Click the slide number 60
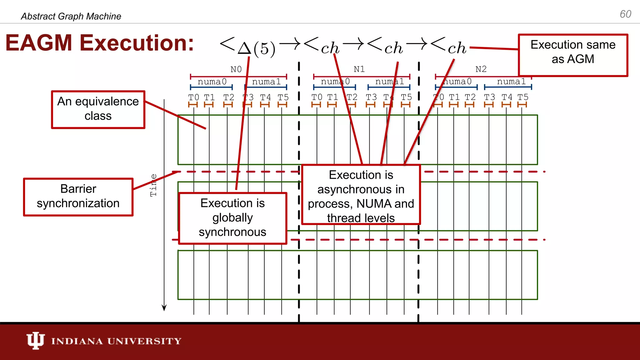click(x=625, y=14)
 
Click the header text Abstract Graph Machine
click(x=71, y=16)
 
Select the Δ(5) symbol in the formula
click(x=256, y=48)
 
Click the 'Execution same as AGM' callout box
click(x=573, y=55)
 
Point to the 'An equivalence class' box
click(x=98, y=109)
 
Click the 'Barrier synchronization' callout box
click(x=78, y=197)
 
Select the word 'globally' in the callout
click(x=232, y=218)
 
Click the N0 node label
click(x=236, y=69)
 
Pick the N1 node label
click(x=359, y=69)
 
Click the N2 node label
click(x=481, y=69)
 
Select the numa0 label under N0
click(x=212, y=82)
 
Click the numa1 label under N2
click(x=511, y=82)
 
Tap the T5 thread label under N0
click(x=283, y=97)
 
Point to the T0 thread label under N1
click(x=317, y=97)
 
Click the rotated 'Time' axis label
click(x=153, y=185)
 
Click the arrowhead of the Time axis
click(x=164, y=308)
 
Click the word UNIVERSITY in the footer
click(x=144, y=341)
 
